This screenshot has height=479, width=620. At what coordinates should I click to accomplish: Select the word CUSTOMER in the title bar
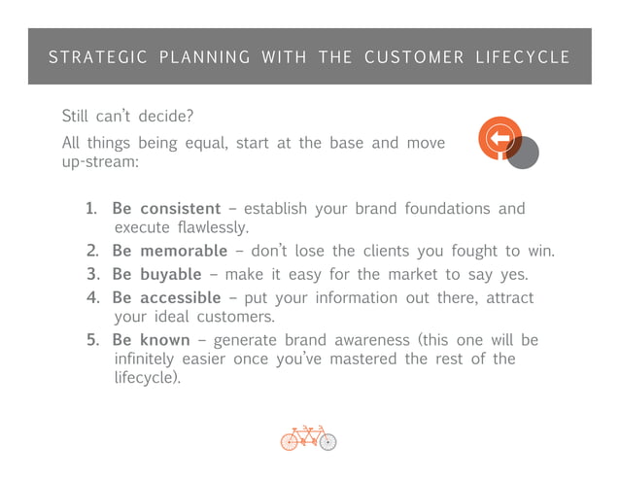pyautogui.click(x=414, y=57)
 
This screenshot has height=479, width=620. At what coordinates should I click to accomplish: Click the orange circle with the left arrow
pyautogui.click(x=499, y=139)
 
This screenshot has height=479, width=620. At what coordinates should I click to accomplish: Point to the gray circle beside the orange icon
pyautogui.click(x=525, y=153)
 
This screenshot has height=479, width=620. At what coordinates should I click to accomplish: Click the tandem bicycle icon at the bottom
pyautogui.click(x=308, y=438)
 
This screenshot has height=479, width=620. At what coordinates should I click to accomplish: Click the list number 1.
pyautogui.click(x=90, y=209)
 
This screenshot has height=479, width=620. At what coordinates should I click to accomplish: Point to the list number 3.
pyautogui.click(x=90, y=275)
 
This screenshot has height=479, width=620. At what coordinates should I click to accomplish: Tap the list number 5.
pyautogui.click(x=90, y=340)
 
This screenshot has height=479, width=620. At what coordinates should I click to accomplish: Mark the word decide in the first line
pyautogui.click(x=161, y=117)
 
